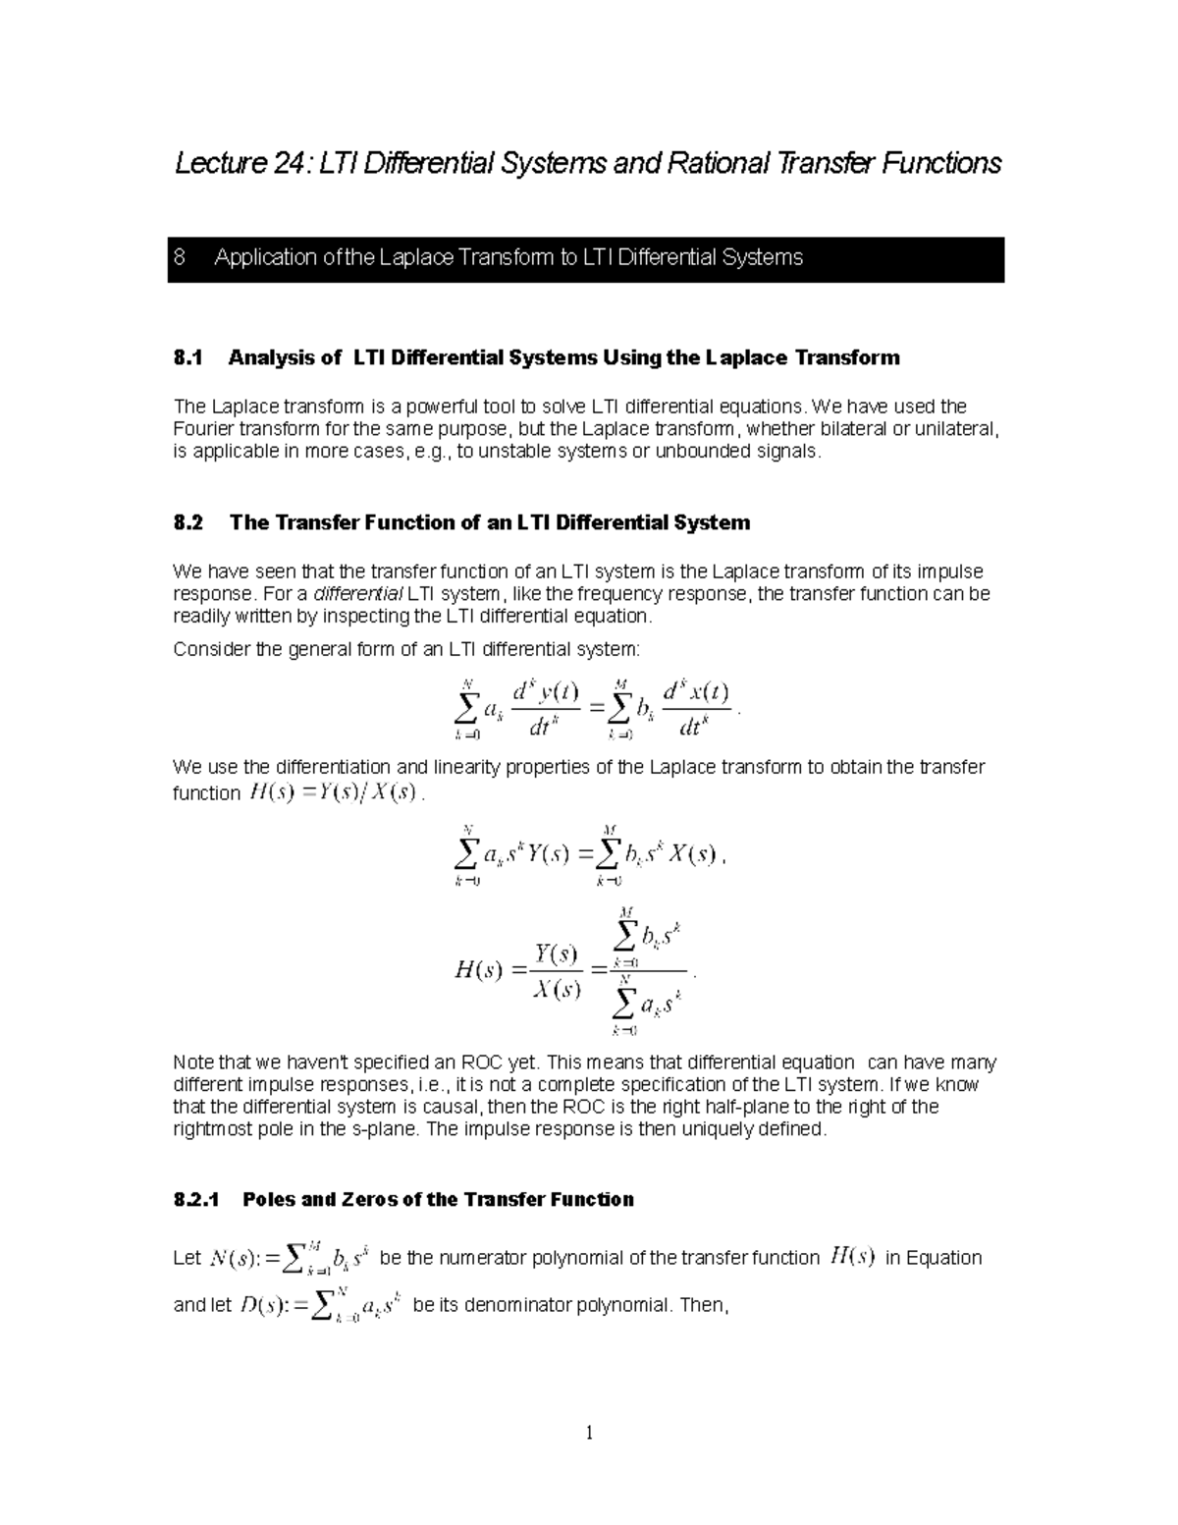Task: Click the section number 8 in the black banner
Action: [179, 258]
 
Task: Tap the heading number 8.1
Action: [187, 358]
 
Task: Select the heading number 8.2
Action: [187, 523]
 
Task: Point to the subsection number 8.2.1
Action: [197, 1200]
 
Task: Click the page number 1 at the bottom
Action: [589, 1434]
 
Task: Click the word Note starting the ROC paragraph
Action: [193, 1062]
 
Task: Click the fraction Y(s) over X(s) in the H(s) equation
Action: [556, 971]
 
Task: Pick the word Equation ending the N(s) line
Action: [945, 1258]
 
